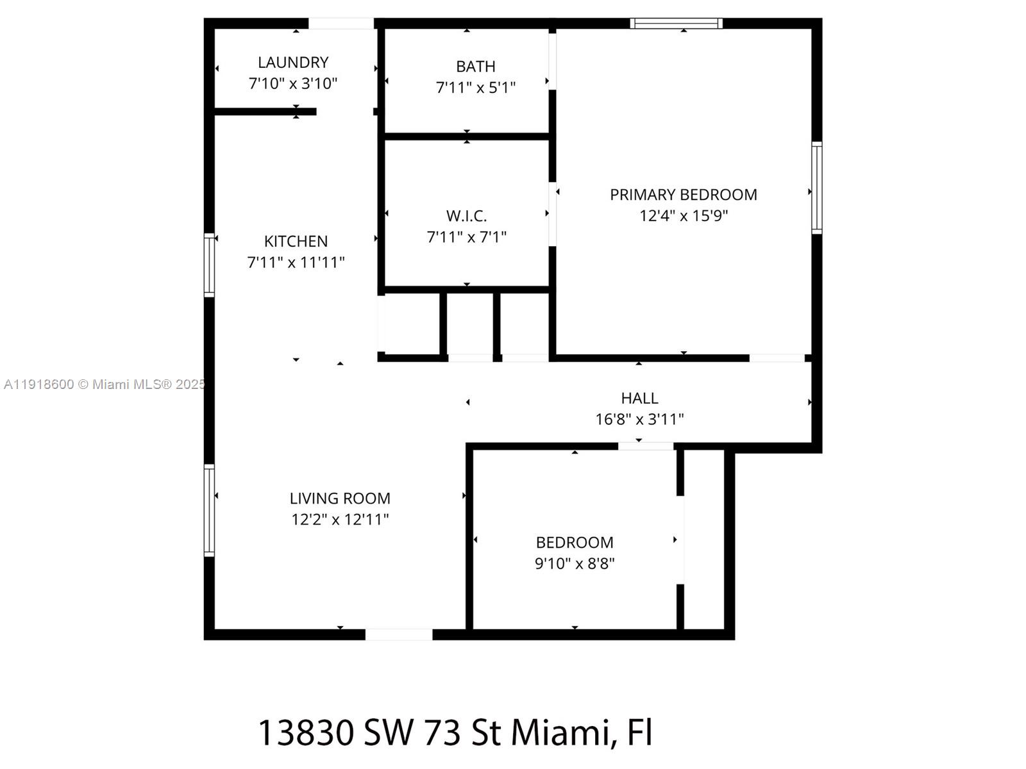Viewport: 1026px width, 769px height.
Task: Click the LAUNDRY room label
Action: click(x=293, y=62)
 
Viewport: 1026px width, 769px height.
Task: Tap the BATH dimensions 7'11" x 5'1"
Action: click(x=475, y=87)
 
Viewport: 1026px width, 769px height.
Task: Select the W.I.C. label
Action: click(x=466, y=215)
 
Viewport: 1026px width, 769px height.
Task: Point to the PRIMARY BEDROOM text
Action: click(x=683, y=194)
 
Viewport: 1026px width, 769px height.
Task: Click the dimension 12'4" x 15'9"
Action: click(x=683, y=215)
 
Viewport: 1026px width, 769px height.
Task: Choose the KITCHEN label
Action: click(x=296, y=241)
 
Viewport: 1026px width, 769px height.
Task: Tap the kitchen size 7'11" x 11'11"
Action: click(x=296, y=262)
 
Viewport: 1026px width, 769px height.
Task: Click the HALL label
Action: click(x=639, y=398)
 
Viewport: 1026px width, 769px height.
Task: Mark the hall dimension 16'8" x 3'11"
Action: click(x=639, y=419)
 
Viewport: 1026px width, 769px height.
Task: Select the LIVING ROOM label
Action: click(x=340, y=498)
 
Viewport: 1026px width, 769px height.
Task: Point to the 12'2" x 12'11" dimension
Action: click(x=340, y=519)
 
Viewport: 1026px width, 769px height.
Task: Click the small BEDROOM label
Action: click(x=575, y=542)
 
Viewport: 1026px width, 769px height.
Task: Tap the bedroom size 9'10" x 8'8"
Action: click(x=575, y=563)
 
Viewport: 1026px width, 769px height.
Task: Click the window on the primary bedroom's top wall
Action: click(x=677, y=24)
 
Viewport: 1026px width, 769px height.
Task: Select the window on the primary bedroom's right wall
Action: click(x=816, y=187)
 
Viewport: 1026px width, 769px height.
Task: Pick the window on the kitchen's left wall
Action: click(x=209, y=265)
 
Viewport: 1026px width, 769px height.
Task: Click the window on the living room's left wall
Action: click(x=209, y=510)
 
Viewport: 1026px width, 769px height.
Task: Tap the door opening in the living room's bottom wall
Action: click(x=399, y=634)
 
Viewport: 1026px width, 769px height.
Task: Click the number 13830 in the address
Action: click(x=306, y=732)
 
